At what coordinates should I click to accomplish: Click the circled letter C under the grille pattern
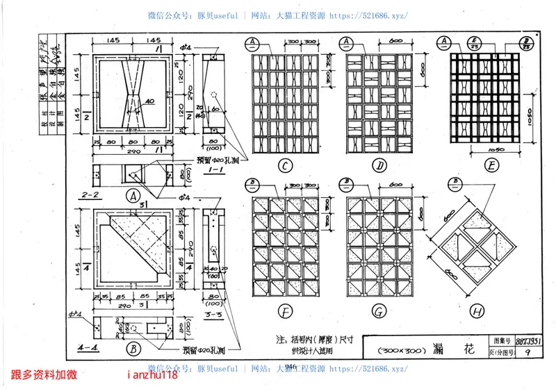285,166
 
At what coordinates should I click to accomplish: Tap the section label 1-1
213,167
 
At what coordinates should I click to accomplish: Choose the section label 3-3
214,315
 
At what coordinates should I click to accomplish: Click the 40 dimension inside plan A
149,101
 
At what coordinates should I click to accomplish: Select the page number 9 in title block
530,353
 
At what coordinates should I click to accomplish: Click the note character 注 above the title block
280,341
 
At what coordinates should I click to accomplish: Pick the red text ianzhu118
153,376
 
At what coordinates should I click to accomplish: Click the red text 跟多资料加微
44,376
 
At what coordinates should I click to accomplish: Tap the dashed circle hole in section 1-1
215,96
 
